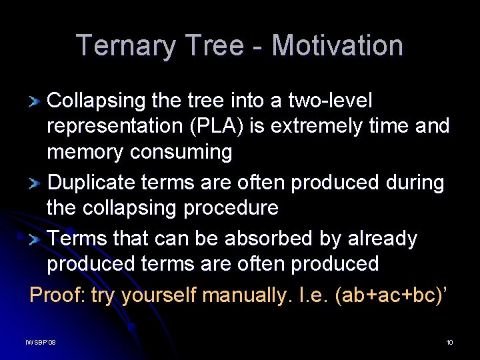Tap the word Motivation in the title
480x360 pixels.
[x=337, y=46]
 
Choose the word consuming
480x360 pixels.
[x=181, y=152]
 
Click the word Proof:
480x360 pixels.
[x=57, y=294]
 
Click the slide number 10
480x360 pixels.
[x=450, y=342]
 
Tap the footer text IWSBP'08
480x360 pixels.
[x=41, y=342]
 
